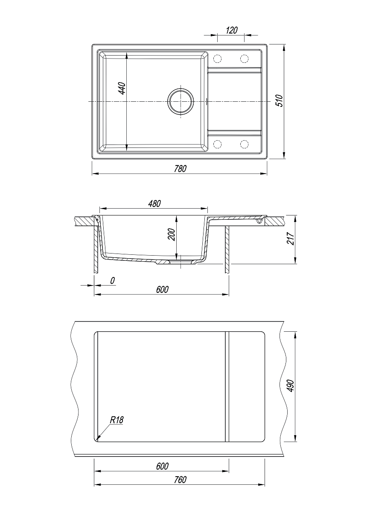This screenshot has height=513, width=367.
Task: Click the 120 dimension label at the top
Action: (x=232, y=30)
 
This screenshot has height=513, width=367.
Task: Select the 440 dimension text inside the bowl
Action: (x=122, y=88)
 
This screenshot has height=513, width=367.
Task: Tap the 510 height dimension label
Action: (x=280, y=100)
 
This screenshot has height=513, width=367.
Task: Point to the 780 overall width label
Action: (x=181, y=168)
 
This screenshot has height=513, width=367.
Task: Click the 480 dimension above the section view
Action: (x=154, y=203)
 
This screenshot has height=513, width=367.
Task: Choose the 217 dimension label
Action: (x=290, y=239)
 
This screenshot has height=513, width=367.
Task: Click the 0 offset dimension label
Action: (x=112, y=280)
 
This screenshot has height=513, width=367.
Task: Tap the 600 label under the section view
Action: (x=162, y=289)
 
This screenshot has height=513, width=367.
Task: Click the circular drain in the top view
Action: (x=181, y=101)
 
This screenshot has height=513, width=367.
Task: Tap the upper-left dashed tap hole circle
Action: (x=217, y=59)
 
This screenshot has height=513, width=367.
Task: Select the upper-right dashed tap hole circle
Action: (x=244, y=59)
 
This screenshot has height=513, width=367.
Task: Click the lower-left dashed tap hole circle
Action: (x=217, y=144)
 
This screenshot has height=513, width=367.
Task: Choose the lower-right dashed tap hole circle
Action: (x=244, y=144)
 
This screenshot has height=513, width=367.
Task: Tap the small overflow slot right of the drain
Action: (x=207, y=101)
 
